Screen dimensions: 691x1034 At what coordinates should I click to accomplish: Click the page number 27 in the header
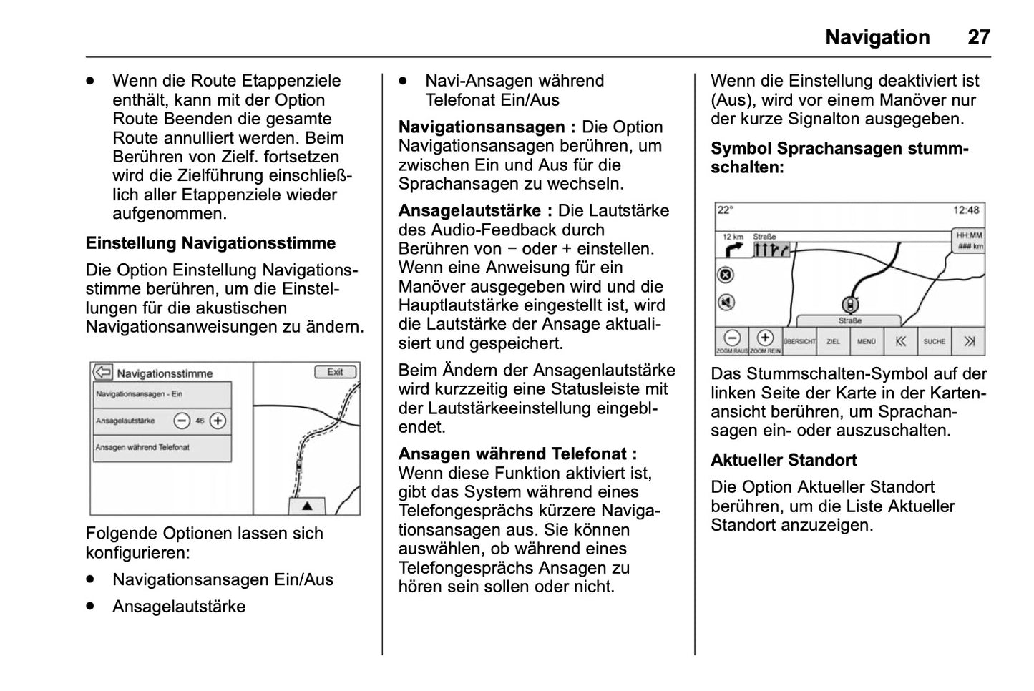point(979,37)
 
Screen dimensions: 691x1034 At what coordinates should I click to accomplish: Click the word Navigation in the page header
point(877,37)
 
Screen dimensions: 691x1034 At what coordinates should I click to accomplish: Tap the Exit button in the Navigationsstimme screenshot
point(336,372)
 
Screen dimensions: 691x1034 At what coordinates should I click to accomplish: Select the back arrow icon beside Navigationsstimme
point(104,373)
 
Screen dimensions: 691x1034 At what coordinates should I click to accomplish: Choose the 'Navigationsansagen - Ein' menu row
point(162,394)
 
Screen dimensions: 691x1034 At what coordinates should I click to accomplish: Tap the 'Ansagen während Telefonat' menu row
point(162,448)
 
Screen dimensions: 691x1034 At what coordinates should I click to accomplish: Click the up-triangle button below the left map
point(307,506)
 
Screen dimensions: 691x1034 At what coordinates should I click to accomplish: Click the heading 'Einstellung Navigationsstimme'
point(210,243)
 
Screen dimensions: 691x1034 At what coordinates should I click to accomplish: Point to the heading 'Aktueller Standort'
point(784,460)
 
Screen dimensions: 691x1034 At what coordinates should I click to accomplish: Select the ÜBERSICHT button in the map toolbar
point(799,342)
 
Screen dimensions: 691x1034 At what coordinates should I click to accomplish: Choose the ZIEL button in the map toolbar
point(833,342)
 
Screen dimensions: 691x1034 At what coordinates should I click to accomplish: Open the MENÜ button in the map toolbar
point(867,342)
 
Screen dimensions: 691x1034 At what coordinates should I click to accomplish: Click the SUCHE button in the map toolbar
point(934,342)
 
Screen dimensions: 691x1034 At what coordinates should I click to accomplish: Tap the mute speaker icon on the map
point(726,303)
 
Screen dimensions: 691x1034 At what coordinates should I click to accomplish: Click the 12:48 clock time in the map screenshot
point(966,210)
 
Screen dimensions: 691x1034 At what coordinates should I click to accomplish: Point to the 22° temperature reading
point(726,210)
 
